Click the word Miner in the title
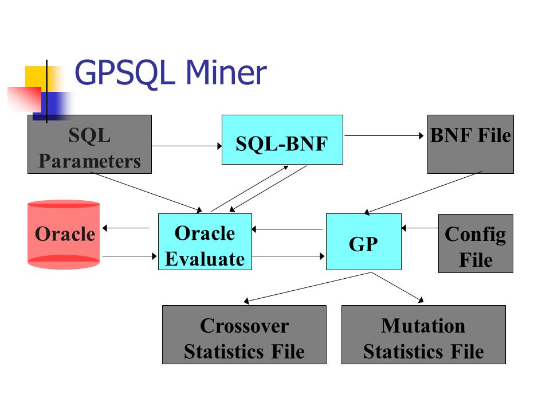pos(226,72)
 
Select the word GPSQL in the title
pos(125,73)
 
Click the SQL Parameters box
pos(90,144)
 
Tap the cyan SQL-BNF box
pos(282,139)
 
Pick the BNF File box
pos(470,144)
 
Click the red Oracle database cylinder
pos(64,235)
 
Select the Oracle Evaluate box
pos(205,241)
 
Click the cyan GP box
pos(364,241)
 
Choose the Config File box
pos(476,243)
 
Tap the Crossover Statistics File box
pos(244,334)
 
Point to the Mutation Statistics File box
pos(424,334)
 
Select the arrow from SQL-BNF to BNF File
pos(384,135)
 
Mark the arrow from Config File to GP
pos(420,228)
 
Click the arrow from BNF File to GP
pos(423,193)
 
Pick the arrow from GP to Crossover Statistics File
pos(308,287)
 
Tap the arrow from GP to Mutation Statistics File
pos(398,287)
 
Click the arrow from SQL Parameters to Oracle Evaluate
pos(146,192)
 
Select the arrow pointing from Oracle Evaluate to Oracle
pos(126,228)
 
